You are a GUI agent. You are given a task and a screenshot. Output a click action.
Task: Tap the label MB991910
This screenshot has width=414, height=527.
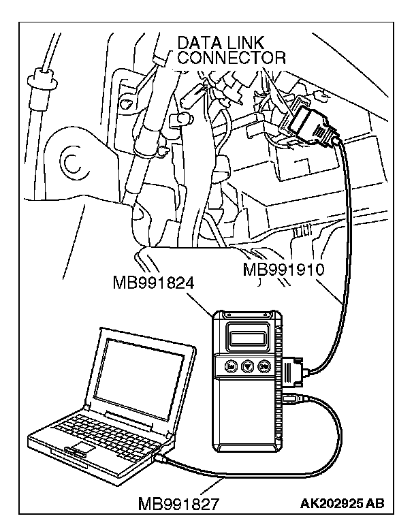coord(284,269)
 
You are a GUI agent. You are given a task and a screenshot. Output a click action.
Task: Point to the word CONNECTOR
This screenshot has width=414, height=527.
coord(232,59)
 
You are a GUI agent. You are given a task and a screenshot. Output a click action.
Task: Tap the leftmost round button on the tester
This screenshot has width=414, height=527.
coord(231,366)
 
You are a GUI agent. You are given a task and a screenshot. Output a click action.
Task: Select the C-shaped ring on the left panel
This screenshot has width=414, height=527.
coord(71,162)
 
